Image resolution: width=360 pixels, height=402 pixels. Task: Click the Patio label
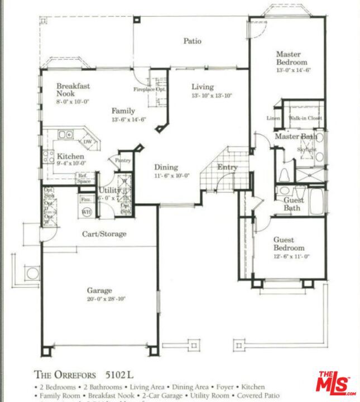(193, 41)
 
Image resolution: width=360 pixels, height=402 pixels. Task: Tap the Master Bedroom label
(289, 59)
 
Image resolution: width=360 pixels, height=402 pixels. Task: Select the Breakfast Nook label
(73, 90)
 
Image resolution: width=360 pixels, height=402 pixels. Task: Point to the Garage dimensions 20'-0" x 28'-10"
(106, 299)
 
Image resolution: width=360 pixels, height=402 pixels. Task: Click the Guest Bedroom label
(289, 244)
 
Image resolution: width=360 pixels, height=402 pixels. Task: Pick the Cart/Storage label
(104, 234)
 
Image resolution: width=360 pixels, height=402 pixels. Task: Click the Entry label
(227, 167)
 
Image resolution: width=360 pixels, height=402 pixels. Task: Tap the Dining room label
(166, 167)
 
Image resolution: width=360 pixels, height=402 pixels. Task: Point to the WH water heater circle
(87, 212)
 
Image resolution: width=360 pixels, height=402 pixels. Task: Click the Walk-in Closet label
(305, 118)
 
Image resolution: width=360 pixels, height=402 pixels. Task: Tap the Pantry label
(123, 160)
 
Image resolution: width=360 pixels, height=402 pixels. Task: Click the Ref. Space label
(84, 179)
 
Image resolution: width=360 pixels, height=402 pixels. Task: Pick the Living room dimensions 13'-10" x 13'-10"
(212, 95)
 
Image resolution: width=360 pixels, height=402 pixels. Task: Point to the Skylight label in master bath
(307, 150)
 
